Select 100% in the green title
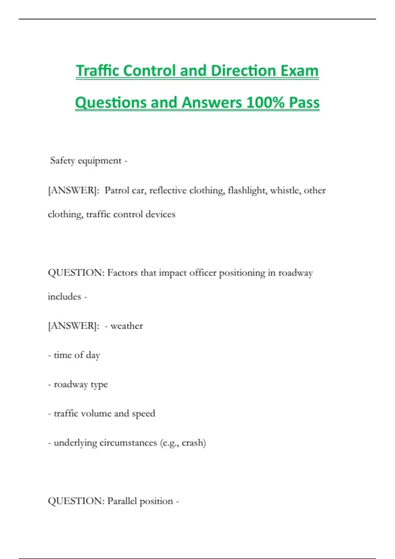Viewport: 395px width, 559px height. tap(265, 102)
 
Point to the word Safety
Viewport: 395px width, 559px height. tap(63, 161)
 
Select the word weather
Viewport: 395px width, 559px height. tap(127, 326)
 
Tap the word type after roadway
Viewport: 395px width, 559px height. tap(99, 385)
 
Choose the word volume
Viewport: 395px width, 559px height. tap(96, 414)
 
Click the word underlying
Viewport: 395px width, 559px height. tap(75, 443)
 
